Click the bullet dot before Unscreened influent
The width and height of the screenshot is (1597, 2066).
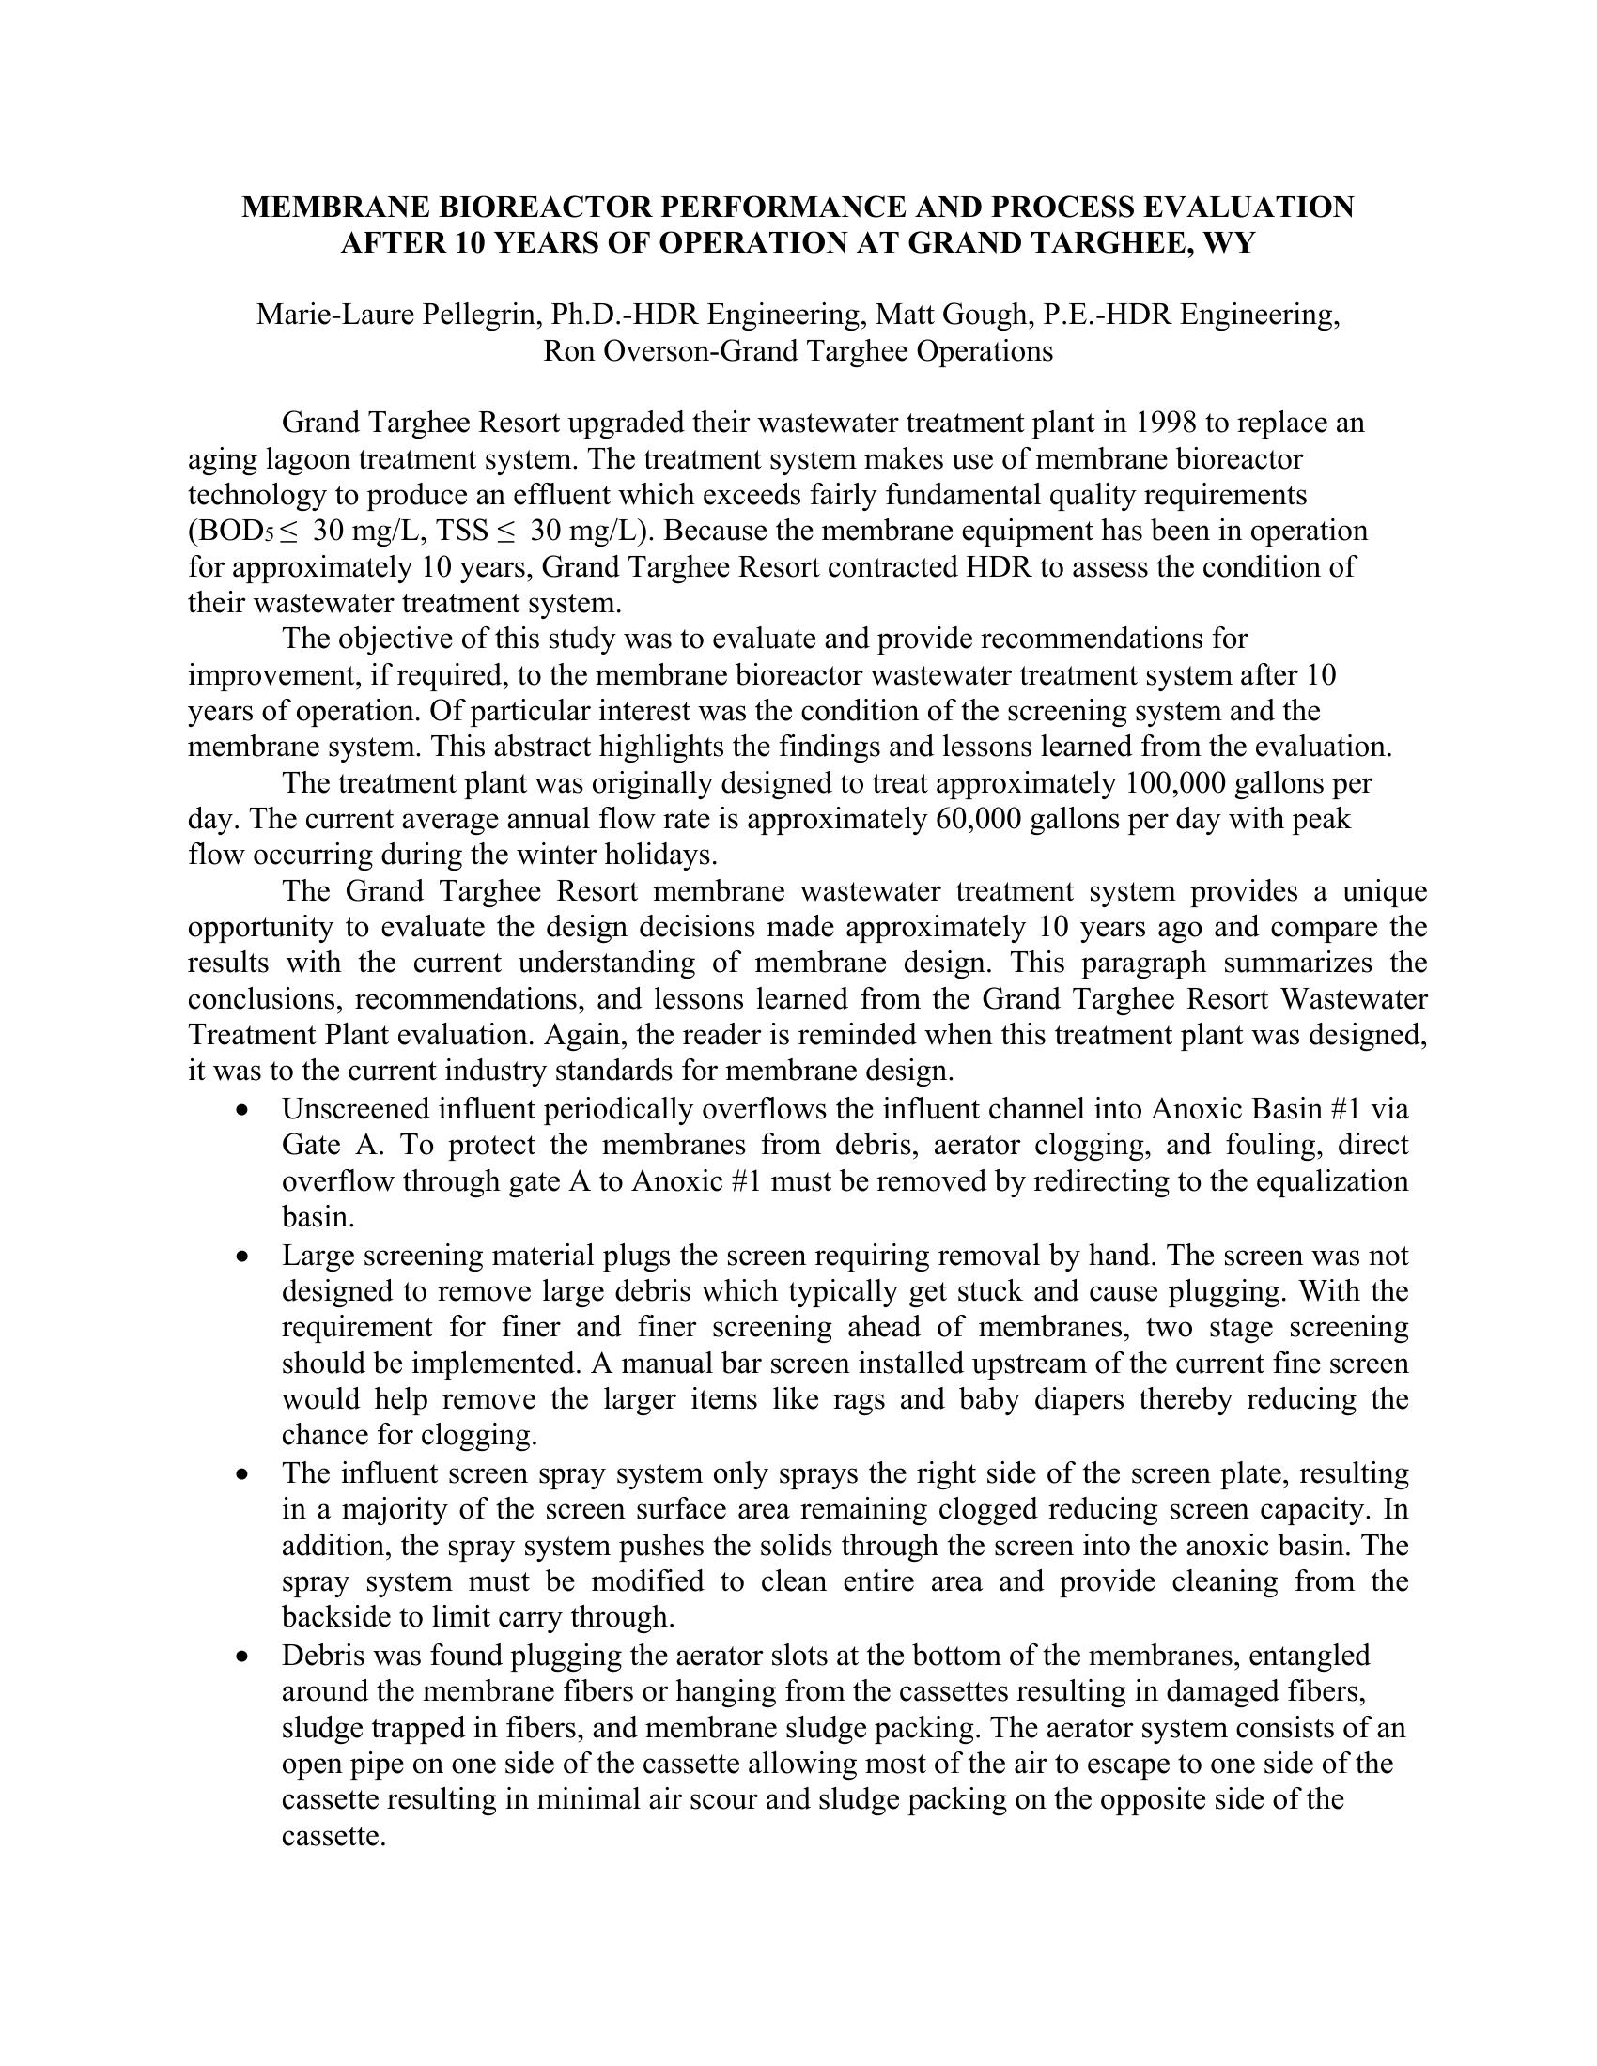(x=245, y=1109)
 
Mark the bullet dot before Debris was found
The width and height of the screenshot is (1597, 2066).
(x=245, y=1657)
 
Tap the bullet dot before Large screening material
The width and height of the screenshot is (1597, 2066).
(x=245, y=1257)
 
